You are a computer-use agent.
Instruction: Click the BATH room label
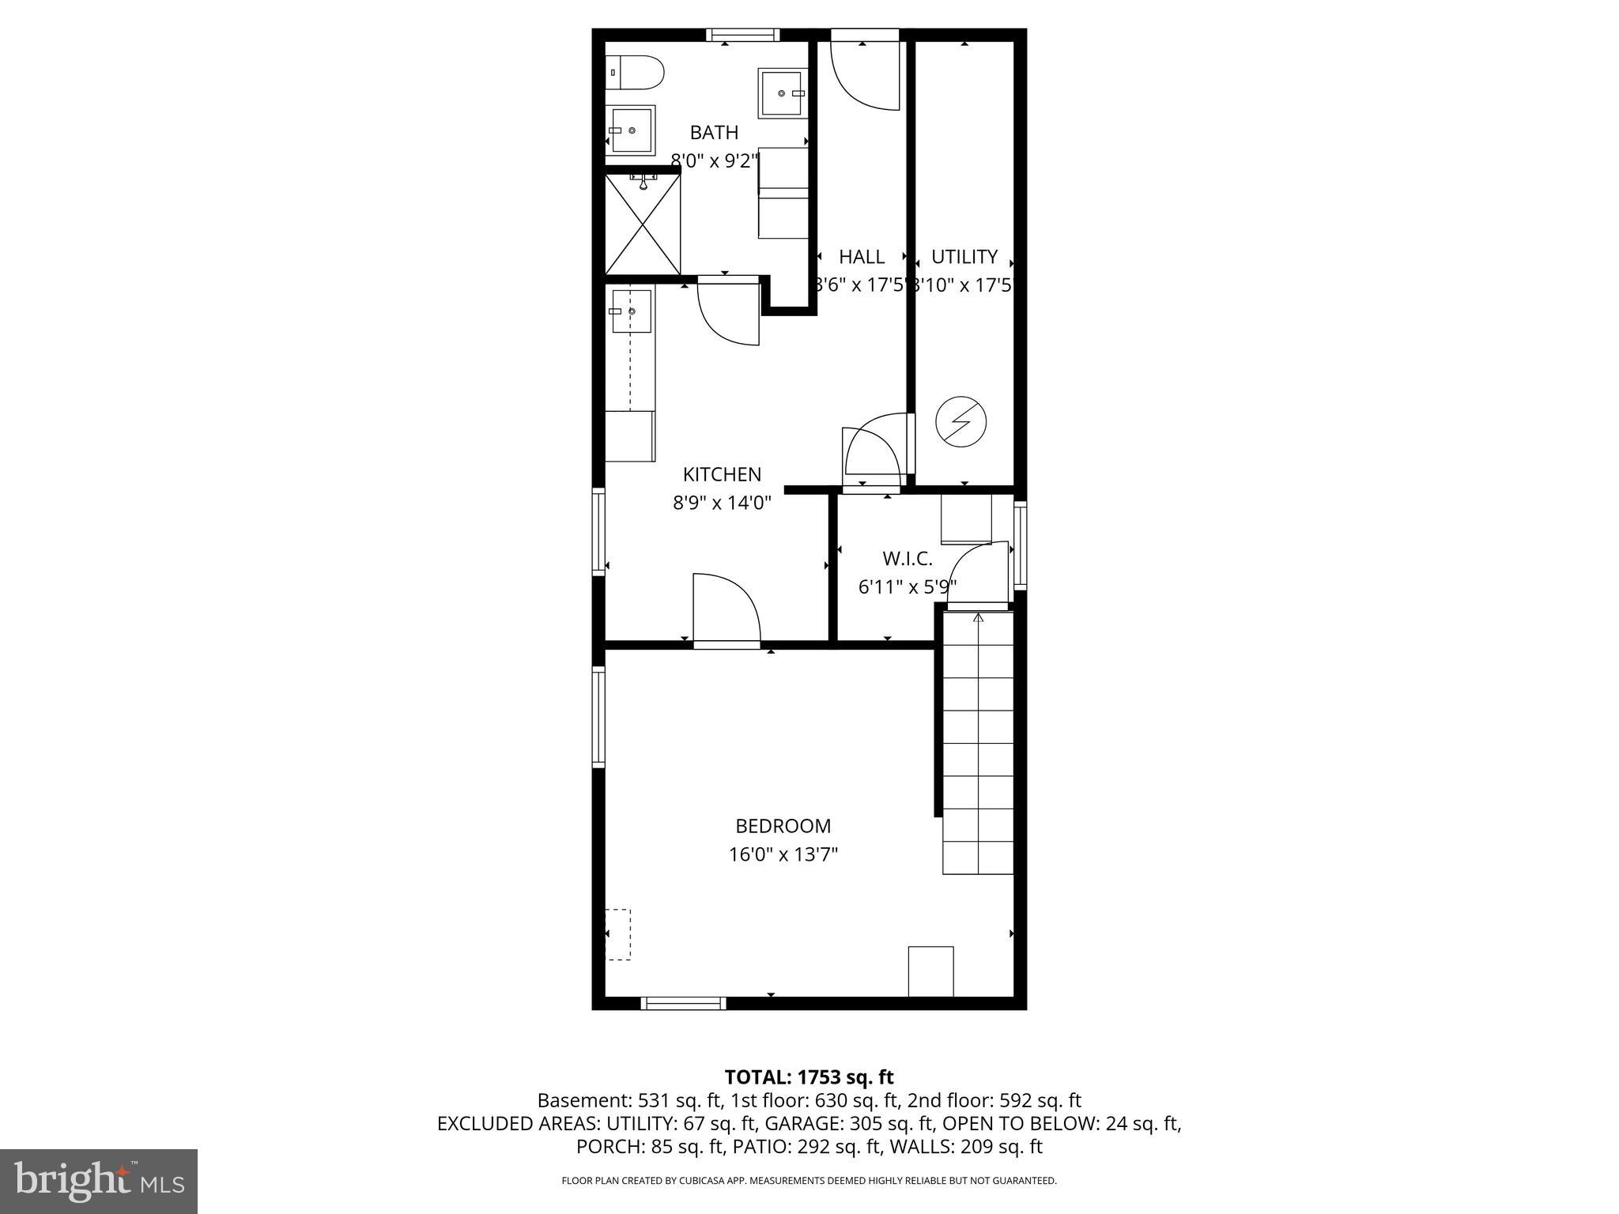[x=714, y=132]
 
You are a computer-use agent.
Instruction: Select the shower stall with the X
[x=643, y=224]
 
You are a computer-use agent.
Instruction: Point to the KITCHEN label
[x=722, y=474]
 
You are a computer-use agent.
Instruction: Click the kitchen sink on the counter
[x=631, y=311]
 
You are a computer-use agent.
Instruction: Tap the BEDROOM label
[x=783, y=826]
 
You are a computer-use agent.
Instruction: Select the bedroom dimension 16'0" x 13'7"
[x=783, y=854]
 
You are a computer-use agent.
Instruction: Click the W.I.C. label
[x=907, y=559]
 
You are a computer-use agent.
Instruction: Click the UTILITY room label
[x=964, y=257]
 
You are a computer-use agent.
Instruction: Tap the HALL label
[x=861, y=257]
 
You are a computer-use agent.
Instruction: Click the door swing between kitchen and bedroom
[x=725, y=609]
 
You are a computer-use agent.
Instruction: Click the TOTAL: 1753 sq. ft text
[x=809, y=1076]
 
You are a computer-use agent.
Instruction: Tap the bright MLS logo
[x=98, y=1181]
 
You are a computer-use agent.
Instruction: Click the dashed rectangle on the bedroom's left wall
[x=618, y=934]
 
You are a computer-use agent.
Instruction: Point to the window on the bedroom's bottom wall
[x=682, y=1003]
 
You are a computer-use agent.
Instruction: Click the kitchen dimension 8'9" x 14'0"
[x=722, y=503]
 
